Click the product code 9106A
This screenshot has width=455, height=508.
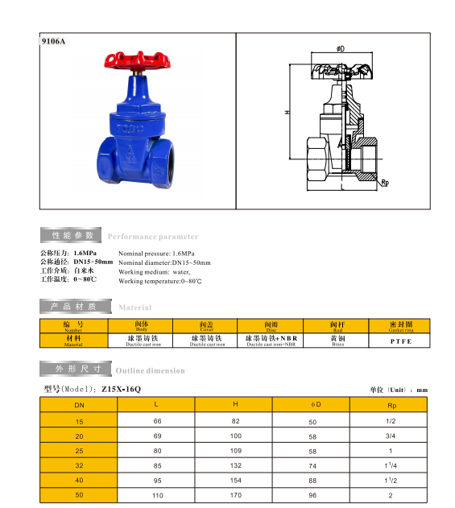tap(53, 41)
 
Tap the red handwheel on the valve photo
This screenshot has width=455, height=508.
tap(138, 60)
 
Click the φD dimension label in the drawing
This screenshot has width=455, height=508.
tap(341, 48)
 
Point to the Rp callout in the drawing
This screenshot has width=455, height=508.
tap(385, 183)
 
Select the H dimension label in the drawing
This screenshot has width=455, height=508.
tap(287, 112)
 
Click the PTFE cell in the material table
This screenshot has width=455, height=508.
tap(401, 341)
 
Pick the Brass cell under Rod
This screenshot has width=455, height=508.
tap(337, 341)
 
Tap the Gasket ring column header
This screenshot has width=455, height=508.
tap(401, 326)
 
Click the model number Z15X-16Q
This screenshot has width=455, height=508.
tap(122, 389)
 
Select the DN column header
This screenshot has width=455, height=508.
tap(79, 405)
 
